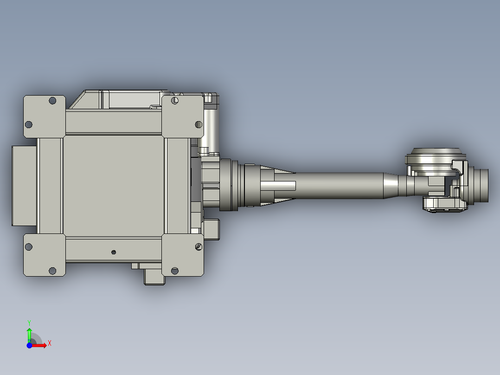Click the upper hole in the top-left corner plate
pos(52,100)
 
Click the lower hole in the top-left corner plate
pos(28,124)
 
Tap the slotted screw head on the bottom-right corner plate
pos(199,246)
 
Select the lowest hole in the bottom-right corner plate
pos(175,271)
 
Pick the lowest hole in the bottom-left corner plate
pos(52,271)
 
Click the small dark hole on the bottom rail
pos(114,252)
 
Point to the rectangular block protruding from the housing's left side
pos(23,185)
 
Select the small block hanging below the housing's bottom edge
pos(154,276)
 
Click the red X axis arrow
pos(40,345)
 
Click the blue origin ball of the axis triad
pos(29,345)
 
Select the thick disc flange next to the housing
pos(226,185)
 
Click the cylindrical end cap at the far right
pos(481,185)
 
